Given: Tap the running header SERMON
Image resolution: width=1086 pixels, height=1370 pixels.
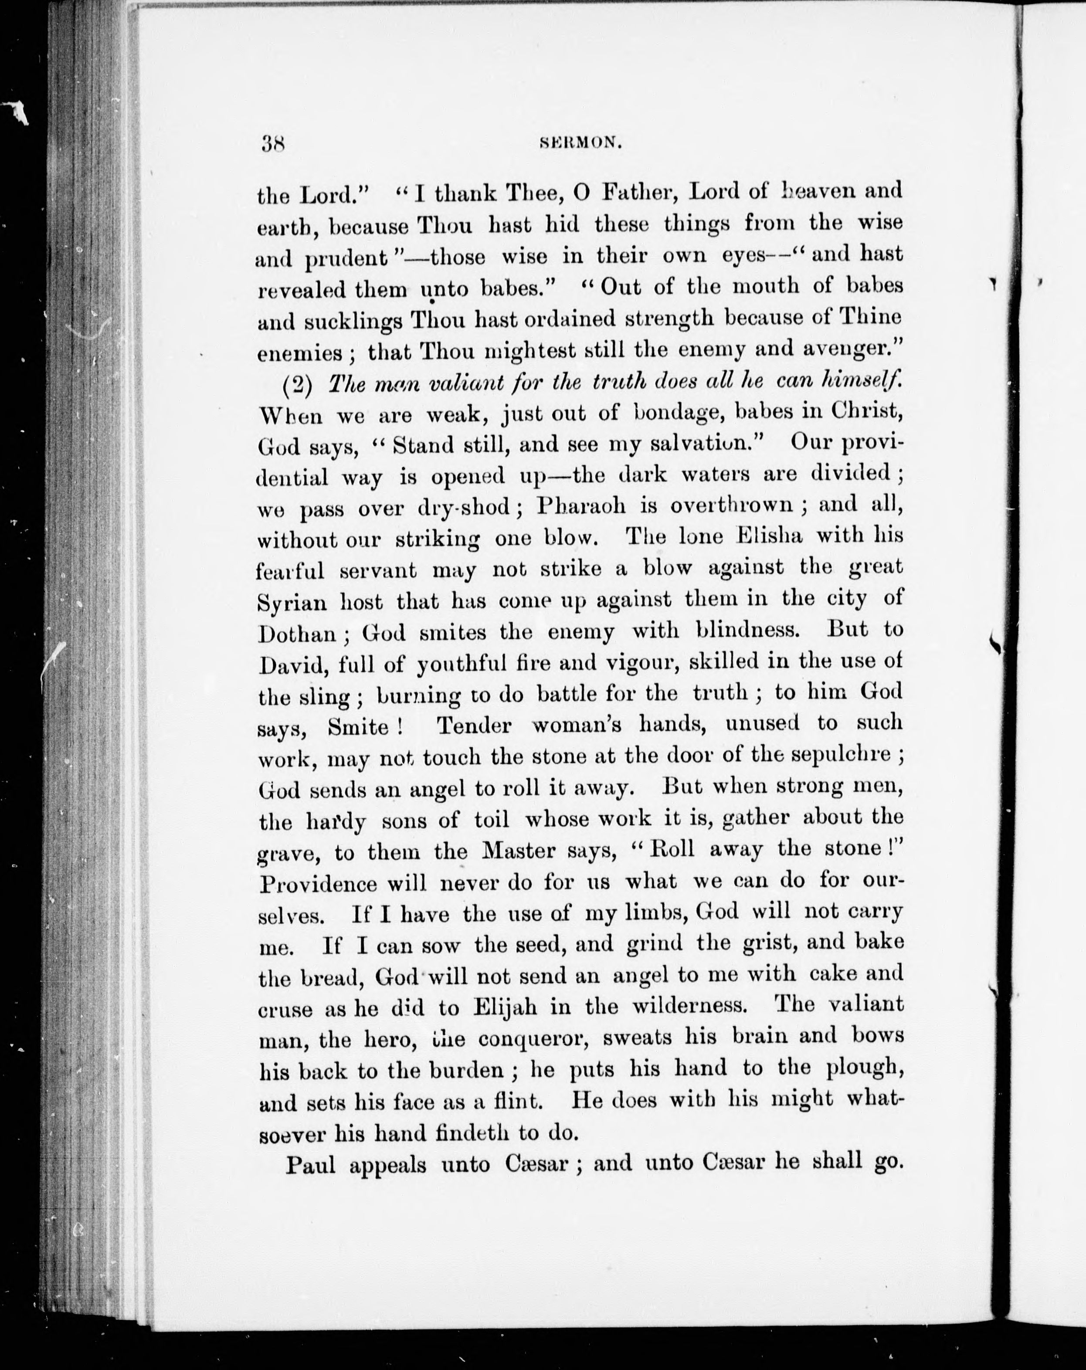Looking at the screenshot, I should (580, 144).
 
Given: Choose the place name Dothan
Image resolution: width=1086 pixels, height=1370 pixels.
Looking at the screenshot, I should (297, 633).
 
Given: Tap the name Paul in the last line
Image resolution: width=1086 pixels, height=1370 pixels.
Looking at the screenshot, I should (309, 1164).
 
